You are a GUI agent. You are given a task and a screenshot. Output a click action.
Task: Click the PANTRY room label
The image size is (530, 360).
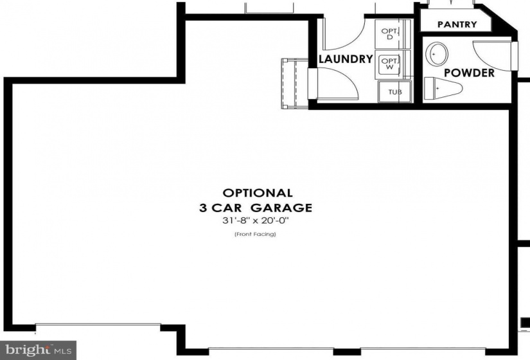point(457,24)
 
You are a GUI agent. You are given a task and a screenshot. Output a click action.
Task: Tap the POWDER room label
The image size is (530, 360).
point(469,73)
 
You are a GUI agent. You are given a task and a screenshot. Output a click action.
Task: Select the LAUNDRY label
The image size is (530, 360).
point(346,59)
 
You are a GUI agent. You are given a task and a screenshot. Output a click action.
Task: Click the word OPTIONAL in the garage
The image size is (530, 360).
point(258,193)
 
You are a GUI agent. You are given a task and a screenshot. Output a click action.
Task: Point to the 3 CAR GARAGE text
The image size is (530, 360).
point(256,208)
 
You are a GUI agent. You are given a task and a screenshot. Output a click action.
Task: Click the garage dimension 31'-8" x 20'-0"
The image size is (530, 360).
point(256,221)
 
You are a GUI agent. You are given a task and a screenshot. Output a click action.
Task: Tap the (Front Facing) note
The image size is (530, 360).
point(255,234)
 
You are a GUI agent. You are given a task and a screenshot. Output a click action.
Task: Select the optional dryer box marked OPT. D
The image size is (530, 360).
point(392,34)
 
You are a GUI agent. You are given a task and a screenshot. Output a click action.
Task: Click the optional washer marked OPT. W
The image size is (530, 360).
point(392,64)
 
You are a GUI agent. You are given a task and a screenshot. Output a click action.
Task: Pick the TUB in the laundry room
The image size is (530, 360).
point(395,92)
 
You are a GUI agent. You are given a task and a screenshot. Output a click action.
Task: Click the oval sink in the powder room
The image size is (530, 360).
point(437,54)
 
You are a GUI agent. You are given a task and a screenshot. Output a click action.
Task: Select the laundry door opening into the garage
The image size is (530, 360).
point(333,83)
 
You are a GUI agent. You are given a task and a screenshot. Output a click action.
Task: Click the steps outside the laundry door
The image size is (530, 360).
point(294,83)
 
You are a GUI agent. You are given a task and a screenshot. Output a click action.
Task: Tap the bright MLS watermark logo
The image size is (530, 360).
point(38,350)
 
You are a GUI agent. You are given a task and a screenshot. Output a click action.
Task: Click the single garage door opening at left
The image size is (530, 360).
point(98,326)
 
